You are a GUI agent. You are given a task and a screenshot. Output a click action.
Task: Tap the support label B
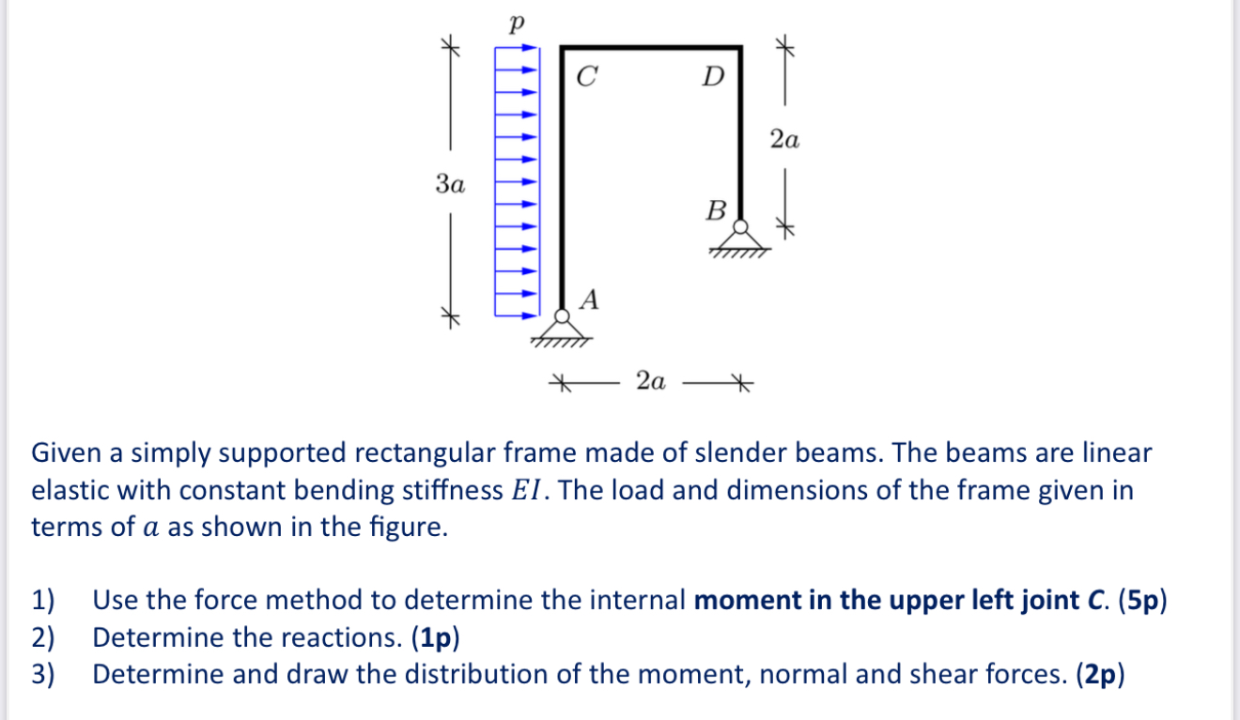pos(716,210)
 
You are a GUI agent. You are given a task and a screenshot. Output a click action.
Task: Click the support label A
pos(589,299)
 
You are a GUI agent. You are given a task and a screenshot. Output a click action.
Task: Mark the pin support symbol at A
pos(562,329)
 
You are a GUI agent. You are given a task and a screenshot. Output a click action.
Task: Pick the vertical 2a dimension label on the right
pos(784,141)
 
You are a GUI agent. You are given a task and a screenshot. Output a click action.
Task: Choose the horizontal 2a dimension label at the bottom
pos(650,381)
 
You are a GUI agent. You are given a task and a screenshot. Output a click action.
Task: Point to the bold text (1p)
pos(435,637)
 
